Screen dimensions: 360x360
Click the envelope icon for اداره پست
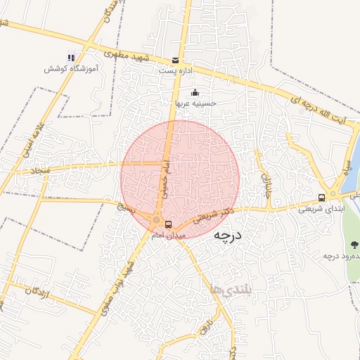coord(176,60)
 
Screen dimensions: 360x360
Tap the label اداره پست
coord(174,71)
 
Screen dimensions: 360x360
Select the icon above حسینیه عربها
coord(195,93)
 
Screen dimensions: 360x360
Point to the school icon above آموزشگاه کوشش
coord(71,57)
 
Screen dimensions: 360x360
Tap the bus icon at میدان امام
coord(168,224)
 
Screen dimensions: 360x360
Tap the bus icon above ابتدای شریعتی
coord(321,198)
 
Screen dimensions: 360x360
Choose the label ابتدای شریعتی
coord(320,208)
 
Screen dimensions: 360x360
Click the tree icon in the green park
coord(353,245)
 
